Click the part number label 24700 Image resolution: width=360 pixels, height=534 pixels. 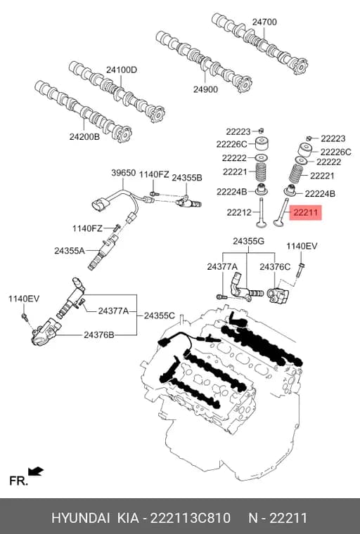pos(264,22)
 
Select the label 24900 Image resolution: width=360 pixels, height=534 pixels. pos(205,89)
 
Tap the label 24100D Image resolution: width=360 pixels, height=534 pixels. pos(122,70)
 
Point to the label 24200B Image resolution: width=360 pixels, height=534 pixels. pos(84,136)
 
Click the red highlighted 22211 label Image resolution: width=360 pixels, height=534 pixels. pos(305,212)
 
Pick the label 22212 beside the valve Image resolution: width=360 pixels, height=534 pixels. pos(239,212)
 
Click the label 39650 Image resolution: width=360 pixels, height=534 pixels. pos(124,173)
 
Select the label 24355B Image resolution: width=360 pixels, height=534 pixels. pos(186,178)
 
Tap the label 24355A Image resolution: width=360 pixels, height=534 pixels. pos(70,251)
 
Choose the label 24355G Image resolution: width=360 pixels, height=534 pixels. pos(248,242)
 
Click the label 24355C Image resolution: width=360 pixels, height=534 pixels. pos(159,315)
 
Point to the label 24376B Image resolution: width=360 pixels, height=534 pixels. pos(99,335)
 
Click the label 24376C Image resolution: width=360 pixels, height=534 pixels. pos(275,267)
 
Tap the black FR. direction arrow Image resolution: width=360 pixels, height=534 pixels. pos(36,471)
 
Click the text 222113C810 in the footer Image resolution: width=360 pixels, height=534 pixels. pos(191,518)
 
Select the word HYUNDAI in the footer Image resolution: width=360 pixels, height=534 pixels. pos(80,518)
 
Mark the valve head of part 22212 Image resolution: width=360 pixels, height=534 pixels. pos(262,223)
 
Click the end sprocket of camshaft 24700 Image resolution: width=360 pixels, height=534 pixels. pos(300,66)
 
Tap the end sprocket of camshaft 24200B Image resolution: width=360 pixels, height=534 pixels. pos(123,134)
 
